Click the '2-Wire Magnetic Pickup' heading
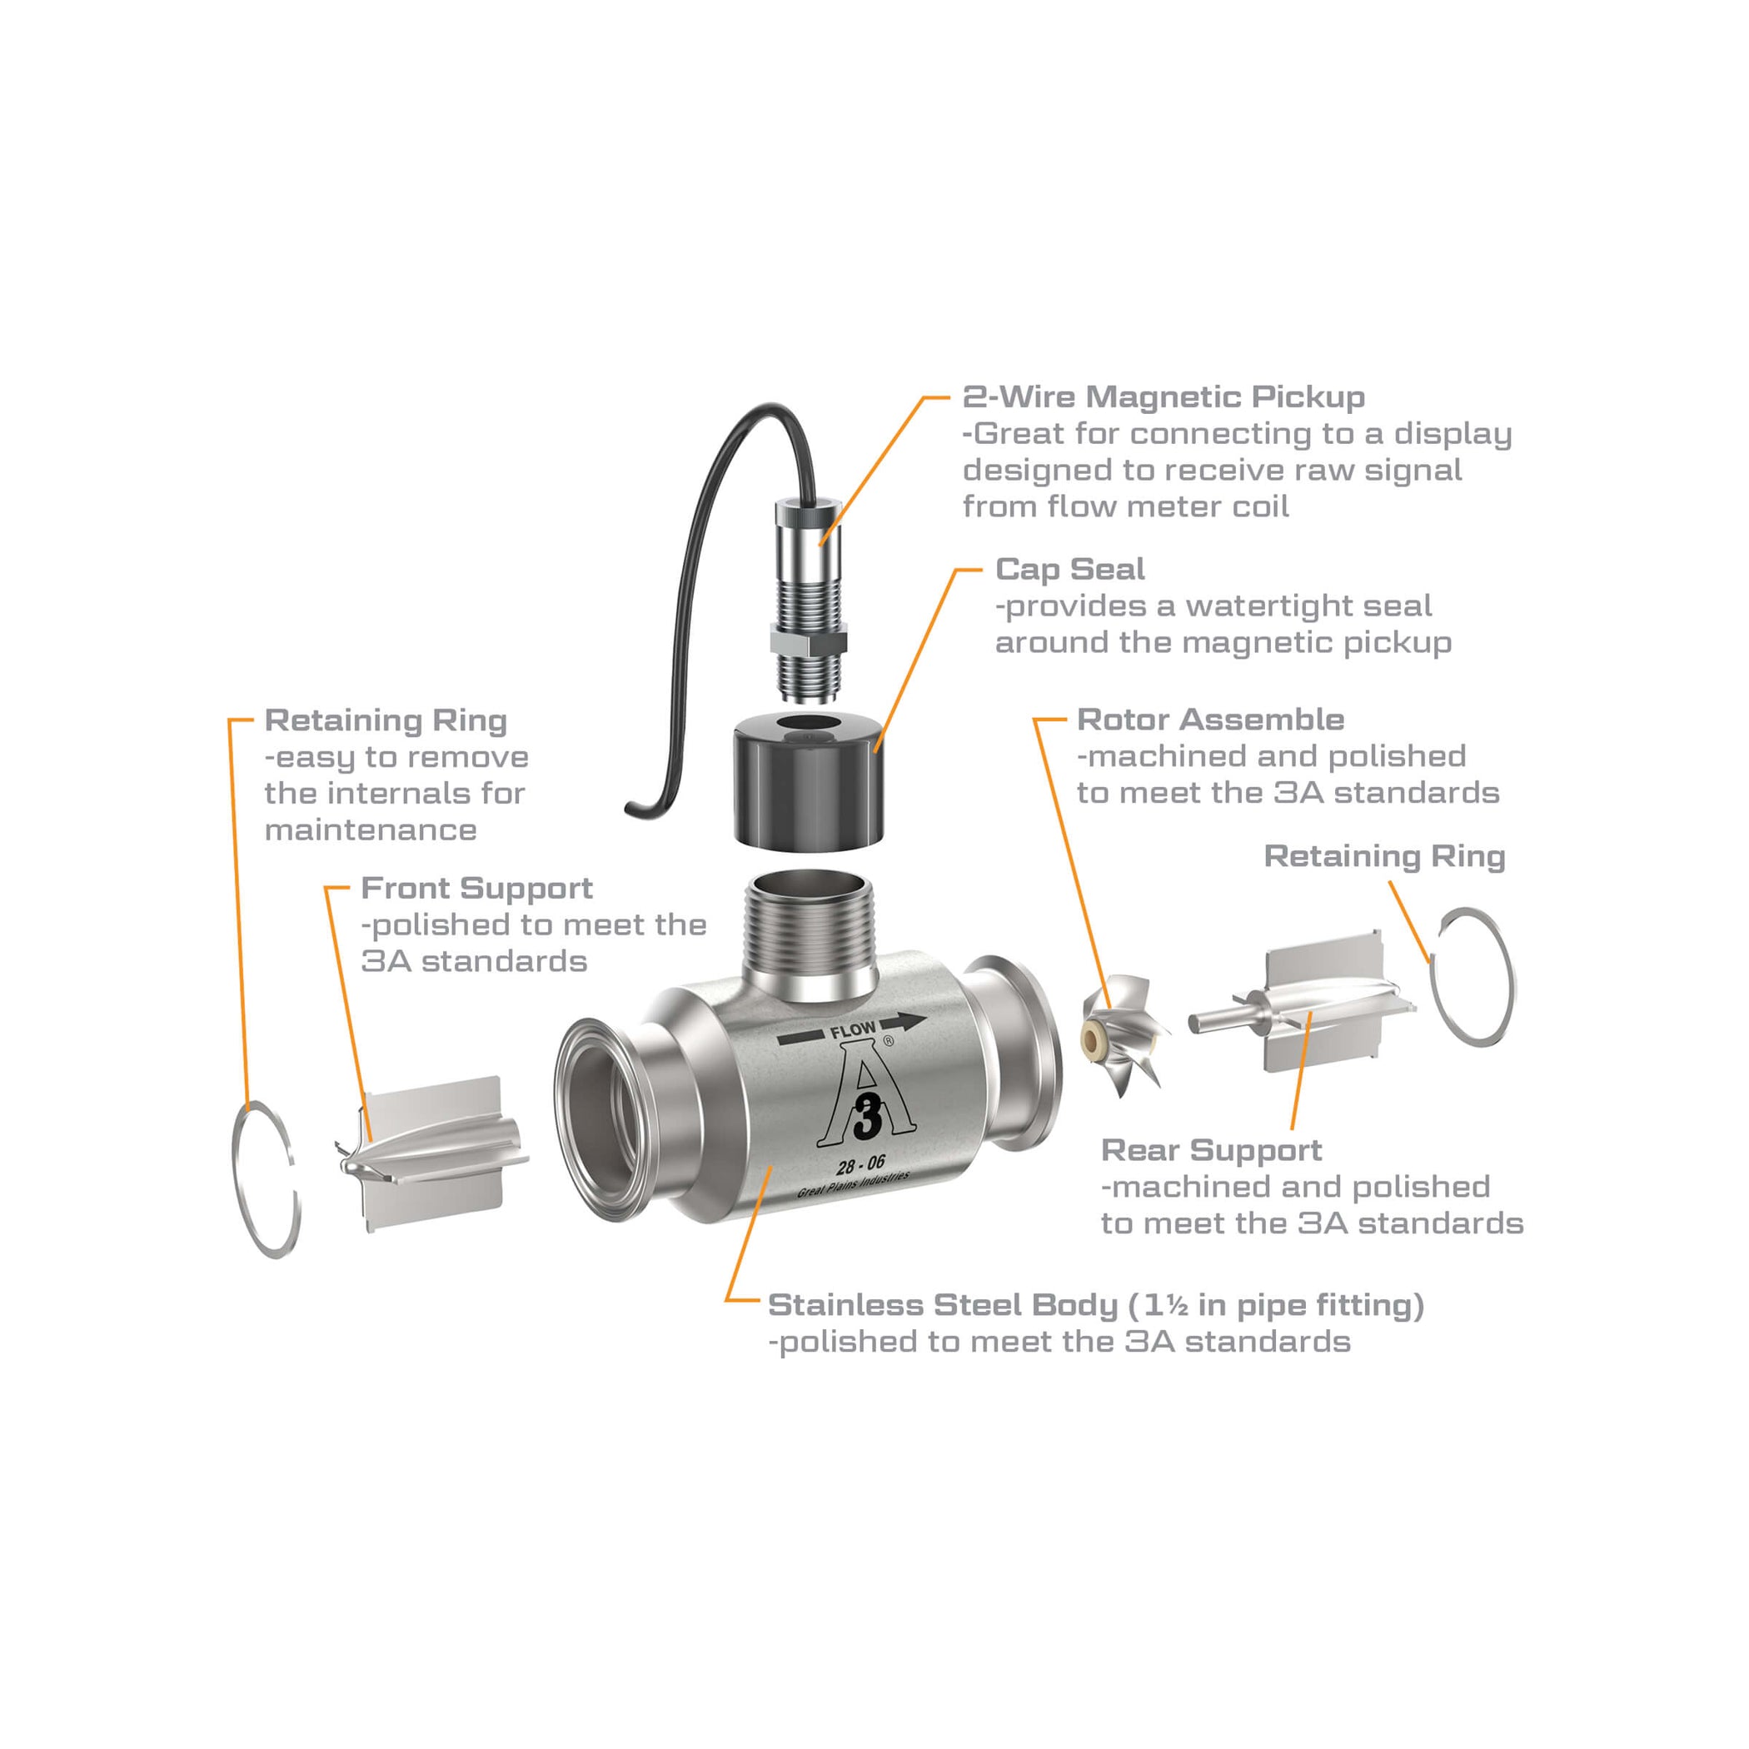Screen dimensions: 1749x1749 pyautogui.click(x=1164, y=396)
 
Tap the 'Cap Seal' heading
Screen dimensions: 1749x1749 pyautogui.click(x=1069, y=569)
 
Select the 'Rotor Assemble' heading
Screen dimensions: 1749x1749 pyautogui.click(x=1209, y=720)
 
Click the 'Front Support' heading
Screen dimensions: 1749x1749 pyautogui.click(x=476, y=888)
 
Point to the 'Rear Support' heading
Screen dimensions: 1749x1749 pyautogui.click(x=1210, y=1151)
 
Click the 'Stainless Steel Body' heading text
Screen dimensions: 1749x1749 pyautogui.click(x=941, y=1305)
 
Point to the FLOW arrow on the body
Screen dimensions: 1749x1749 pyautogui.click(x=852, y=1030)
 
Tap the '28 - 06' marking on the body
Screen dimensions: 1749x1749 pyautogui.click(x=860, y=1164)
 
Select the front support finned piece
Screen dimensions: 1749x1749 pyautogui.click(x=435, y=1154)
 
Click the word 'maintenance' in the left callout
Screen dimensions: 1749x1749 pyautogui.click(x=371, y=830)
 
